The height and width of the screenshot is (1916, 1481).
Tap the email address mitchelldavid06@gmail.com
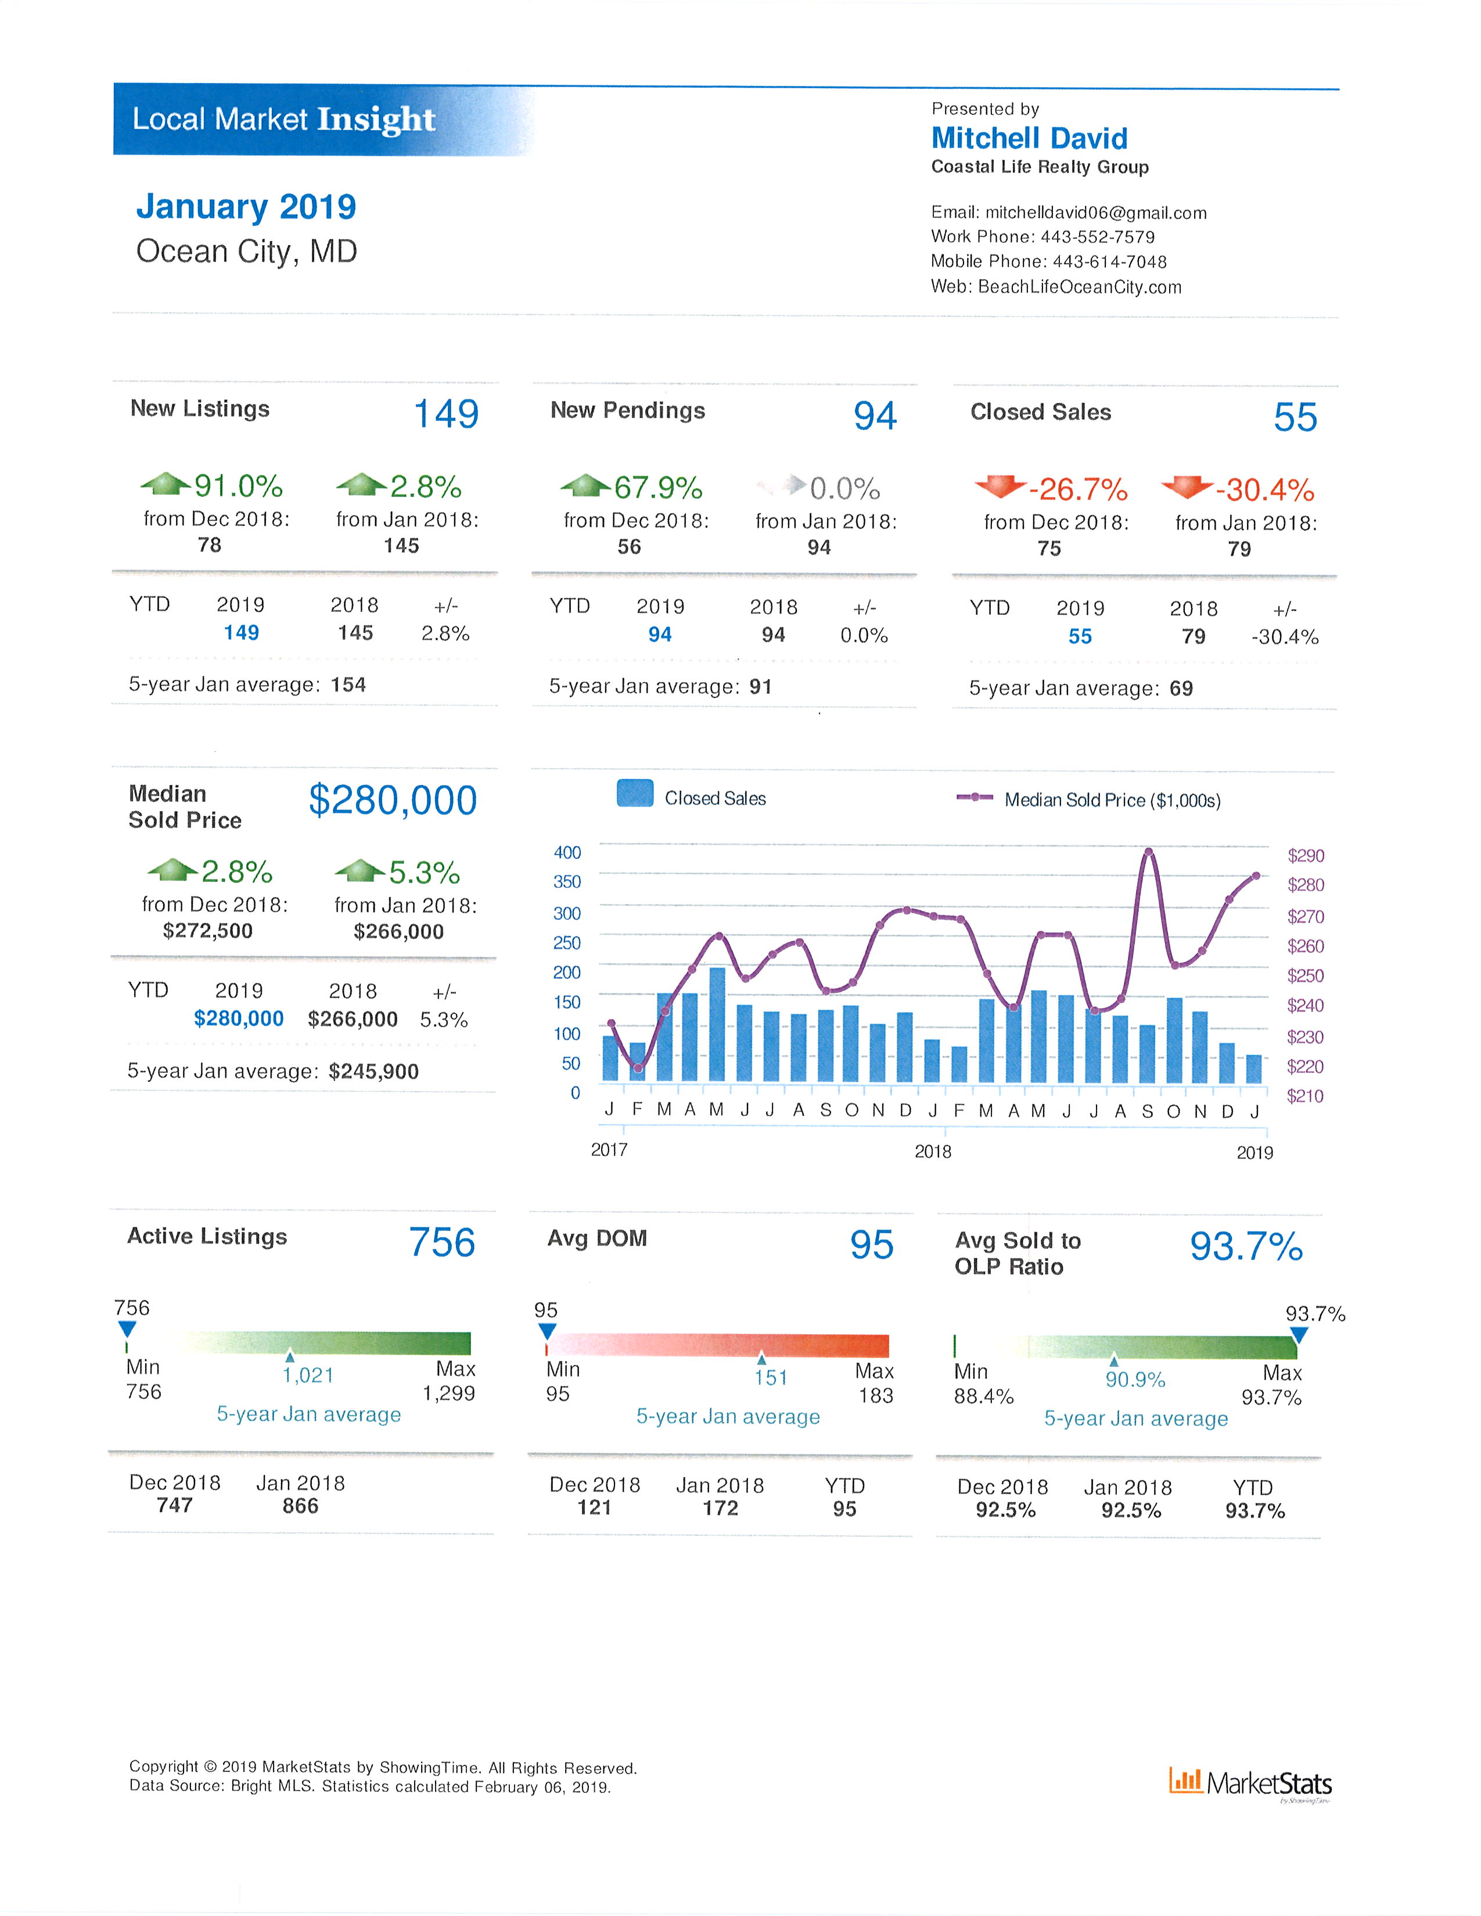[1096, 213]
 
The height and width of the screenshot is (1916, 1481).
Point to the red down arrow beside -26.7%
[1000, 485]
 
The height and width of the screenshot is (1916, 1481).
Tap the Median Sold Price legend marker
[975, 797]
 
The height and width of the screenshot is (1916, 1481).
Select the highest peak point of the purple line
[1148, 852]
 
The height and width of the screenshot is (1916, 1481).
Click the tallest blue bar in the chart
[717, 1024]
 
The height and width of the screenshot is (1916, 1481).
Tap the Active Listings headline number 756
[441, 1242]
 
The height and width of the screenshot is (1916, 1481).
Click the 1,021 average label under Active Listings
[308, 1375]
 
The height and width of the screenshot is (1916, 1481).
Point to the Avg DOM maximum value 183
[876, 1395]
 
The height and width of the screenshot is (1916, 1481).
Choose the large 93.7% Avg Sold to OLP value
[1246, 1246]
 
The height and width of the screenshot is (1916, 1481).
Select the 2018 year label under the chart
[933, 1151]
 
